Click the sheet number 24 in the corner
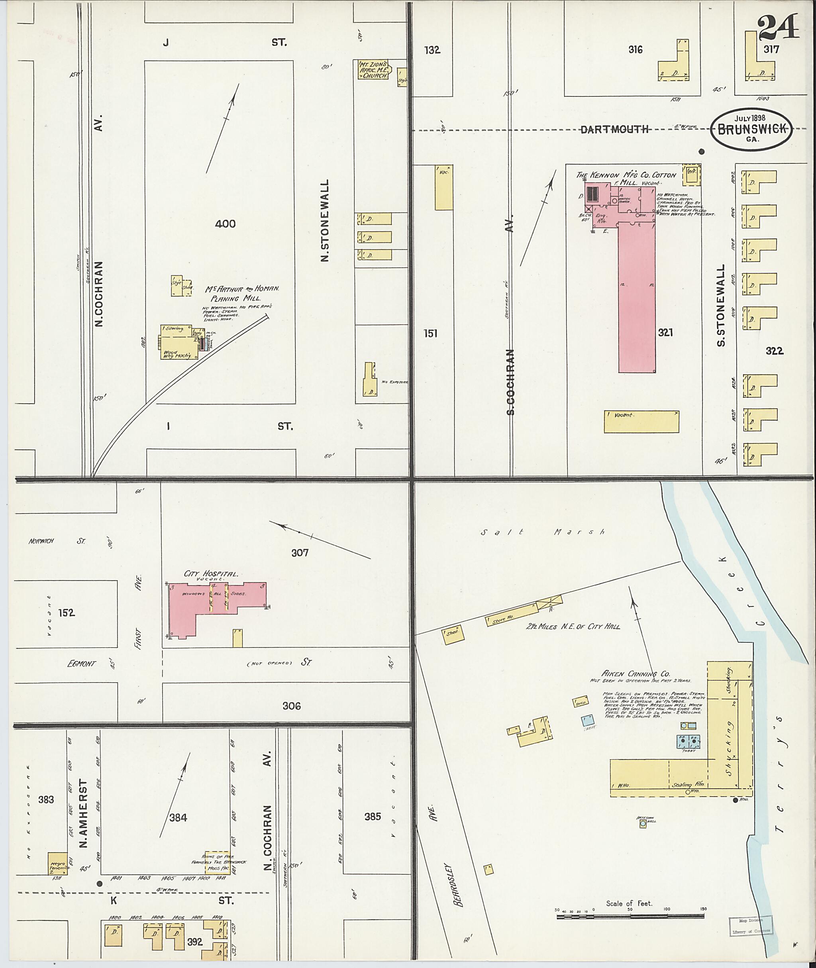[x=779, y=28]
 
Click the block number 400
[x=225, y=224]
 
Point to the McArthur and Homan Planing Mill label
[x=242, y=293]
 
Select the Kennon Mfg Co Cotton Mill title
[x=626, y=176]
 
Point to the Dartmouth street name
[x=614, y=130]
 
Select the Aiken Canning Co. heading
[x=636, y=674]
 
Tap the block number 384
[x=178, y=818]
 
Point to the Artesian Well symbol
[x=643, y=824]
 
